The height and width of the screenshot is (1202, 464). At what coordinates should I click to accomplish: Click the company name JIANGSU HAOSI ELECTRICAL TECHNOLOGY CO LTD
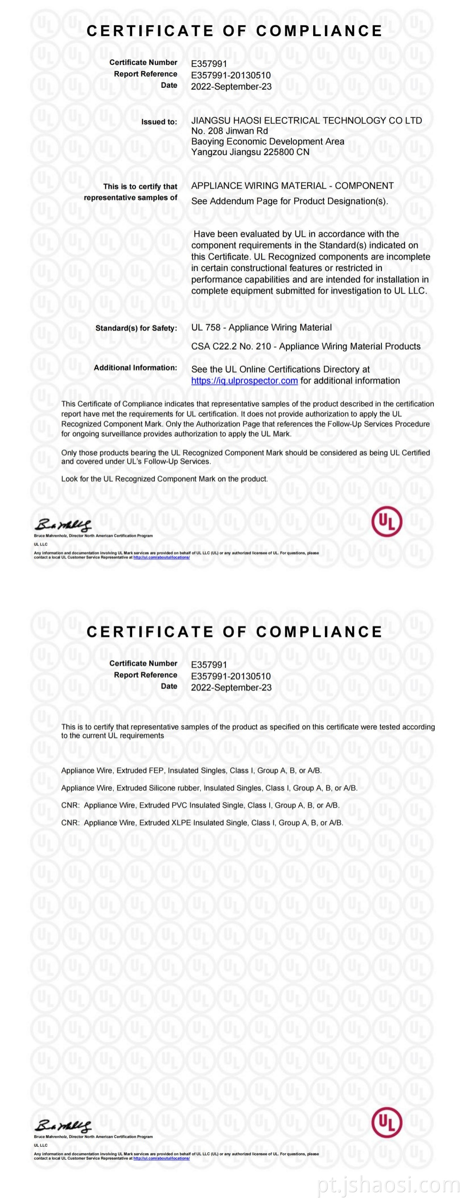coord(306,120)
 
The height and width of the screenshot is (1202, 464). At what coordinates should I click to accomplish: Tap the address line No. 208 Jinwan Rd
coord(229,131)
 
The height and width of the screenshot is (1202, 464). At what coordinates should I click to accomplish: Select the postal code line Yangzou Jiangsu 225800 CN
coord(250,152)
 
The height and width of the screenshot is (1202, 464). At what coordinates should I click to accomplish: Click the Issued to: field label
coord(159,122)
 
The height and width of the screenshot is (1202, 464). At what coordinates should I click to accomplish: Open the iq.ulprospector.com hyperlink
coord(245,381)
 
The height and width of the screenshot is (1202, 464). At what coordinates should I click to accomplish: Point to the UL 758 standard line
coord(261,328)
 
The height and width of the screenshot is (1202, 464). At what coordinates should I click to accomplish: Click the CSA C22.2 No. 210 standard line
coord(305,346)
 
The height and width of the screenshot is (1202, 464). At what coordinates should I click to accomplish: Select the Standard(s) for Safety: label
coord(136,328)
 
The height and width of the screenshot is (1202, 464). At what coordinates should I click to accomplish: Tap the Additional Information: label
coord(135,368)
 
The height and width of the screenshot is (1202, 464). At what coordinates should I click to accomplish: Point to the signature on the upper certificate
coord(63,525)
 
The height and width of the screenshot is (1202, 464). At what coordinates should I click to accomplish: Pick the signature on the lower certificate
coord(63,1125)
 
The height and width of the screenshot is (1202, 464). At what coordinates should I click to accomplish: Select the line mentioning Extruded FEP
coord(191,770)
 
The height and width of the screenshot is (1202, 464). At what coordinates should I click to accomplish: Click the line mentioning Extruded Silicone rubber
coord(209,788)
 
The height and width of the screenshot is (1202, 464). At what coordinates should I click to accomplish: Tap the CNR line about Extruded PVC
coord(200,805)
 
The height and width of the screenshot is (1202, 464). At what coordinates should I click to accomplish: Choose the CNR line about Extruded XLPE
coord(202,823)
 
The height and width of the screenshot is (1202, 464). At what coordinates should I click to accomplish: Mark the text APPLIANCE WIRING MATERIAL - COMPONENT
coord(292,186)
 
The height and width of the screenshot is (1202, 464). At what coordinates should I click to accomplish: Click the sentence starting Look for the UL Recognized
coord(164,479)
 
